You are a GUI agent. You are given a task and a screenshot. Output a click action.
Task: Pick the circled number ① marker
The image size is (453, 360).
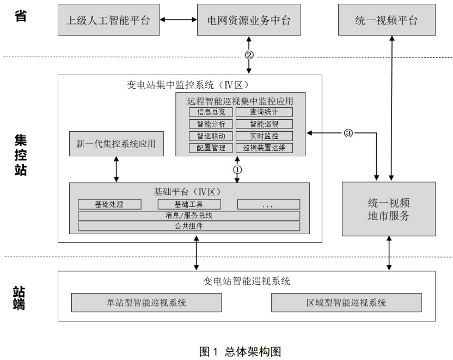[x=237, y=169]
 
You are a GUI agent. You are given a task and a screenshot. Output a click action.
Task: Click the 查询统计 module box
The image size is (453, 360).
[x=264, y=112]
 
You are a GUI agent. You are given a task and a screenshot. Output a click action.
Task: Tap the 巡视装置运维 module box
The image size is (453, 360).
[x=264, y=148]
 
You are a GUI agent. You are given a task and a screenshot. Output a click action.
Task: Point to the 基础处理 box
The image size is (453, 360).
[x=109, y=204]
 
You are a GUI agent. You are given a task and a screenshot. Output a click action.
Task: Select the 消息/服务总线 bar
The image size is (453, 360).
[x=189, y=215]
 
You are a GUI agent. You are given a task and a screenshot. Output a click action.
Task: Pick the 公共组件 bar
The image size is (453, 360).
[x=189, y=226]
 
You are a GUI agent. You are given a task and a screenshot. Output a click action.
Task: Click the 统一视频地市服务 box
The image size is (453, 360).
[x=389, y=209]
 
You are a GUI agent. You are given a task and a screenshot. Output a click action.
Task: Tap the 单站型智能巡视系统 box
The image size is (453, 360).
[x=146, y=302]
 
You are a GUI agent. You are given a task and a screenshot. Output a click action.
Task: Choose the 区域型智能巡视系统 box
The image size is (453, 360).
[x=346, y=302]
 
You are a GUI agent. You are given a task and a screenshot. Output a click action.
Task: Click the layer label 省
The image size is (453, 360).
[x=21, y=15]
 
